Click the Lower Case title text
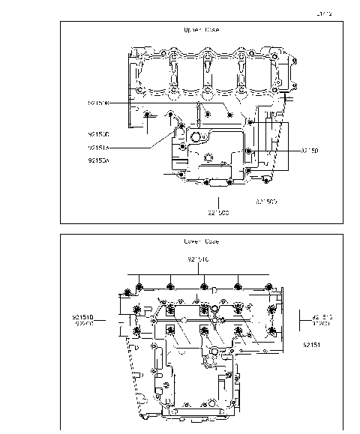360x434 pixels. coord(201,241)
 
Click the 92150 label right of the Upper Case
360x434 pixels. coord(310,150)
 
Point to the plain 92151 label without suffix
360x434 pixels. coord(312,345)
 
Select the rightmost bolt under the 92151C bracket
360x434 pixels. coord(269,288)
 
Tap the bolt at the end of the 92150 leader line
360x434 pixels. coord(249,151)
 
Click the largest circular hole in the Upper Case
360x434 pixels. coord(199,138)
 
